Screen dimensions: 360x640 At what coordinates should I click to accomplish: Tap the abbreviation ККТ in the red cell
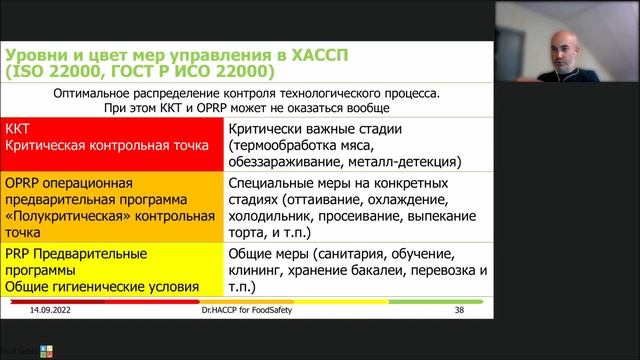[x=19, y=129]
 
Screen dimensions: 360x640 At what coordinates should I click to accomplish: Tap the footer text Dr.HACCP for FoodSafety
[x=244, y=311]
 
